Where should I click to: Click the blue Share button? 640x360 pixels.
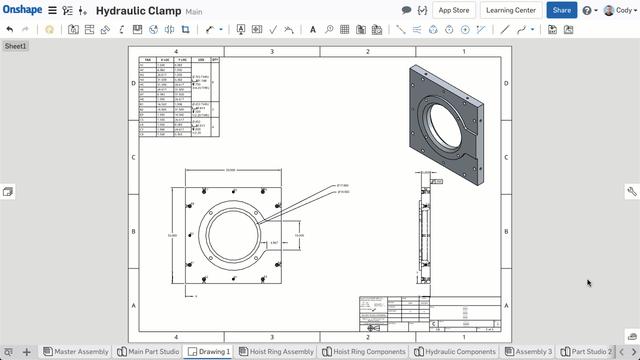click(x=561, y=10)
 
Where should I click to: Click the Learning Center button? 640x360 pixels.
click(x=511, y=10)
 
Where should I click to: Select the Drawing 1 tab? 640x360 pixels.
click(x=210, y=352)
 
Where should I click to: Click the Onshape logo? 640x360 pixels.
click(x=20, y=10)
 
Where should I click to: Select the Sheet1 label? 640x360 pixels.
click(x=15, y=46)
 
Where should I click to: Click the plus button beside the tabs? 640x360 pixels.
click(x=27, y=352)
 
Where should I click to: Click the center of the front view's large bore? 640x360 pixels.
click(x=231, y=236)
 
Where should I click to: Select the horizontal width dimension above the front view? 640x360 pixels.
click(x=231, y=170)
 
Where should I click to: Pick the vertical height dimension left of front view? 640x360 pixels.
click(x=171, y=236)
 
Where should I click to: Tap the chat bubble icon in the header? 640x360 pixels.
click(x=406, y=10)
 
